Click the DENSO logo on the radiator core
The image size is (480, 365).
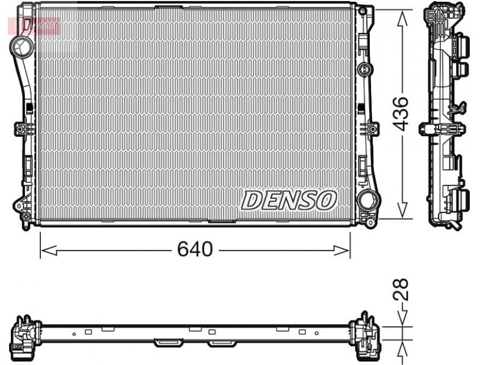289,200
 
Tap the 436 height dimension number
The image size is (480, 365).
400,113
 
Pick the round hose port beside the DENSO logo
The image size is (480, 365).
367,199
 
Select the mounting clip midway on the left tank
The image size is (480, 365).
24,129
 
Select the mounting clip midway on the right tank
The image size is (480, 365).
369,129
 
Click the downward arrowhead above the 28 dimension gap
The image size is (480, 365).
401,319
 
